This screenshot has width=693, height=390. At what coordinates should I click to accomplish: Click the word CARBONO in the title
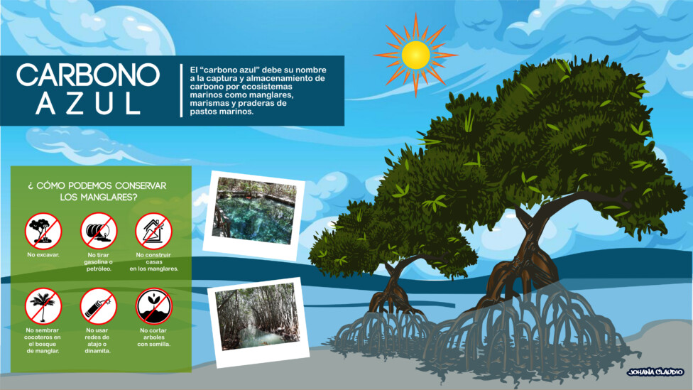pyautogui.click(x=88, y=75)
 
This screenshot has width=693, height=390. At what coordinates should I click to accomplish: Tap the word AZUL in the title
pyautogui.click(x=88, y=104)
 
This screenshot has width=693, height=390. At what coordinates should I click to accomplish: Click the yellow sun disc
pyautogui.click(x=415, y=55)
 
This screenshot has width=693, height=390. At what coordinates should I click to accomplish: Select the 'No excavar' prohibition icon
pyautogui.click(x=43, y=232)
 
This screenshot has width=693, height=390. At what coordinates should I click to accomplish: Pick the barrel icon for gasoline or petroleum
pyautogui.click(x=98, y=232)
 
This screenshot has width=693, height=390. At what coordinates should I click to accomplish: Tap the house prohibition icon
pyautogui.click(x=153, y=232)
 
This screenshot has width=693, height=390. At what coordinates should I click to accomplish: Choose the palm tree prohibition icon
pyautogui.click(x=43, y=306)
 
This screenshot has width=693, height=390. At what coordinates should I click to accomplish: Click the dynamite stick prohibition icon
pyautogui.click(x=98, y=306)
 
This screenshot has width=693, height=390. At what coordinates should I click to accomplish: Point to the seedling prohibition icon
pyautogui.click(x=153, y=306)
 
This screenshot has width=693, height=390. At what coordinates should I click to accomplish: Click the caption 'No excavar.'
pyautogui.click(x=43, y=255)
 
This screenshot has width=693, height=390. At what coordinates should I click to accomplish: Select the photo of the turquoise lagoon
pyautogui.click(x=254, y=215)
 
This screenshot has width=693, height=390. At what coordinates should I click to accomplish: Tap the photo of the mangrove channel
pyautogui.click(x=258, y=323)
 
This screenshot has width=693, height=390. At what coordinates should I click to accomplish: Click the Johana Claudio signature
pyautogui.click(x=655, y=372)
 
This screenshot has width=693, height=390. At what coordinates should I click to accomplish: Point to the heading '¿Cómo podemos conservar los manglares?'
pyautogui.click(x=98, y=191)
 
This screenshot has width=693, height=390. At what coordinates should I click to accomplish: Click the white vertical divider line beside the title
pyautogui.click(x=181, y=90)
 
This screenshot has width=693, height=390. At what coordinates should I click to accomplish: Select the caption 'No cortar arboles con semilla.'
pyautogui.click(x=153, y=337)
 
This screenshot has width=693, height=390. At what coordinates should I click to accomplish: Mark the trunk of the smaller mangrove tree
pyautogui.click(x=392, y=283)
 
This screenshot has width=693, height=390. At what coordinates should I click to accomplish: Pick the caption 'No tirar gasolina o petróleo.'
pyautogui.click(x=98, y=261)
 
